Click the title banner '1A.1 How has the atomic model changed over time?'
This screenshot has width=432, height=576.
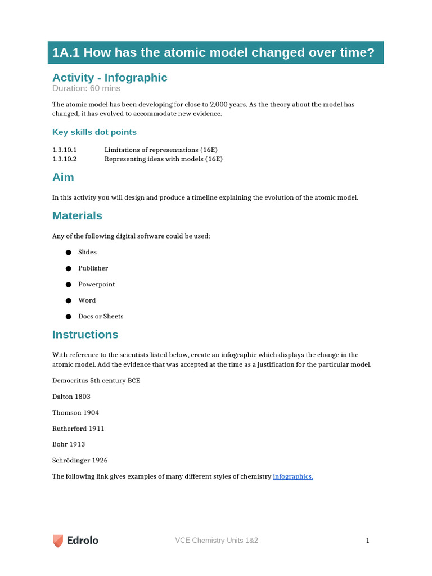coord(213,53)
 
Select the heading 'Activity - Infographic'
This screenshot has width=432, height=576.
coord(110,78)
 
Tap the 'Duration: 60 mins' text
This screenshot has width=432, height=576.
coord(86,88)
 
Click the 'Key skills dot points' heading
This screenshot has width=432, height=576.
coord(94,132)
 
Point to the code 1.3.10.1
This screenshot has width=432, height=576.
coord(64,150)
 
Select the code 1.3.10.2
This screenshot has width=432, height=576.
coord(64,159)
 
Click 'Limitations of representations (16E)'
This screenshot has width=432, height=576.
coord(161,150)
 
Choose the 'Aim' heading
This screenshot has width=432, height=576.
coord(63,177)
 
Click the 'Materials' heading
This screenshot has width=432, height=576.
coord(77,216)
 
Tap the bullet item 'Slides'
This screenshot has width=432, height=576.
coord(87,252)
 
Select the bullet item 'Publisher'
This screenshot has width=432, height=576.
coord(93,268)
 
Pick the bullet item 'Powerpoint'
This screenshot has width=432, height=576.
coord(96,284)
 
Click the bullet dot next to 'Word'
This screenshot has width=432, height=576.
coord(68,301)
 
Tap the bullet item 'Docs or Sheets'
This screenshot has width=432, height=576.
coord(101,316)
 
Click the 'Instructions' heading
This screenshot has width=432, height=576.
coord(85,335)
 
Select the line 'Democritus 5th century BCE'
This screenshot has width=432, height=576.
coord(96,381)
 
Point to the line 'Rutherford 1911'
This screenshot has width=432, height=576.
coord(78,429)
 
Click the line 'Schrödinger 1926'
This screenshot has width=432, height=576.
coord(80,460)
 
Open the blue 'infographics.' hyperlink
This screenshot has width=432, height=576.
coord(292,476)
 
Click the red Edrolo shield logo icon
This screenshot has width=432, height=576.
coord(58,541)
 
